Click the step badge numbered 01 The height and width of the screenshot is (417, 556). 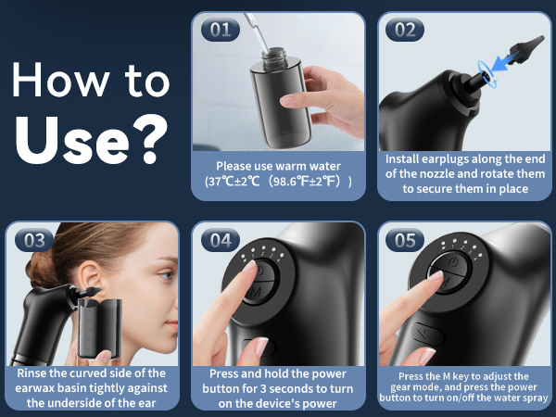[220, 29]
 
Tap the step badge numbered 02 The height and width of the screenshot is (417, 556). [406, 29]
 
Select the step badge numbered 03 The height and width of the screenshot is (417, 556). [34, 240]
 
